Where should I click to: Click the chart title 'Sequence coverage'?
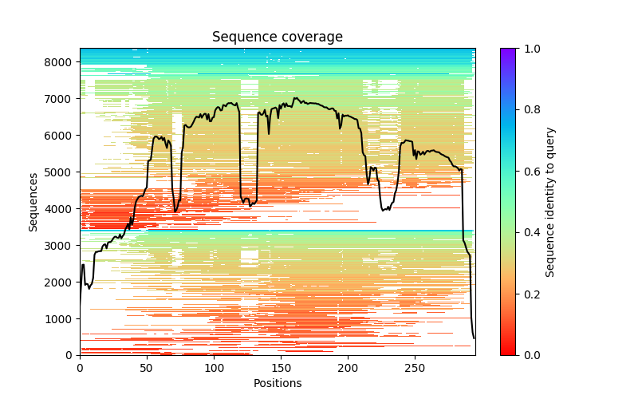pos(278,37)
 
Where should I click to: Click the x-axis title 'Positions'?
pos(278,383)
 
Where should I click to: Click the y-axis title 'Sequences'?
pos(33,201)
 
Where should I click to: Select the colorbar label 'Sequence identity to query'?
pos(550,201)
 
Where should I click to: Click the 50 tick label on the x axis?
pos(147,368)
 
